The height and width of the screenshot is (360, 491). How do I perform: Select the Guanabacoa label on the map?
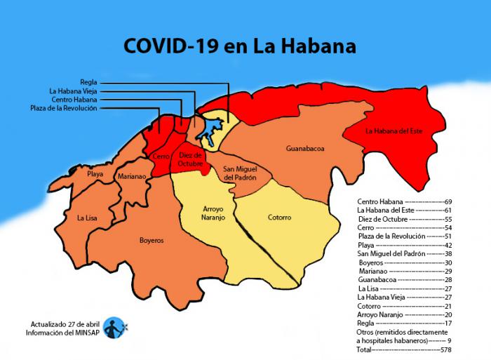305,149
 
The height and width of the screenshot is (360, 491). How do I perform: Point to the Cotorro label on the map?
279,217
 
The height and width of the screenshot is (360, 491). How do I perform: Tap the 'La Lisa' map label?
87,218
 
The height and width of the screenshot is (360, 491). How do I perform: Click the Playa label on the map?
95,173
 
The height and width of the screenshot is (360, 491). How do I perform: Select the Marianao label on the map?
132,177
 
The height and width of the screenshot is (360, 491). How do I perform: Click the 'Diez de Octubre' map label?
190,159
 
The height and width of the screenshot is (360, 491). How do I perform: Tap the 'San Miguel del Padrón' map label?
239,173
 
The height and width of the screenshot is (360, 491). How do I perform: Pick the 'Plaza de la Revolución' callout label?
64,108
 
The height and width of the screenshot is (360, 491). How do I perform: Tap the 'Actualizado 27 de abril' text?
65,324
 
